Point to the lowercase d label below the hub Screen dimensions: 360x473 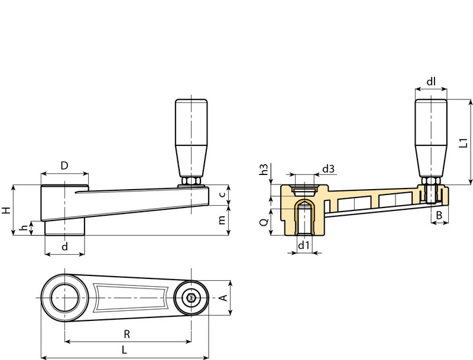pos(64,247)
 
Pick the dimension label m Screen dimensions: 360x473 pos(221,220)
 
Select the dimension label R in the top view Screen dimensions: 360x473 pos(127,334)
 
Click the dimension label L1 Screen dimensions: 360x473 pos(464,142)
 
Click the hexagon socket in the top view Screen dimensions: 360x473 pos(192,299)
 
